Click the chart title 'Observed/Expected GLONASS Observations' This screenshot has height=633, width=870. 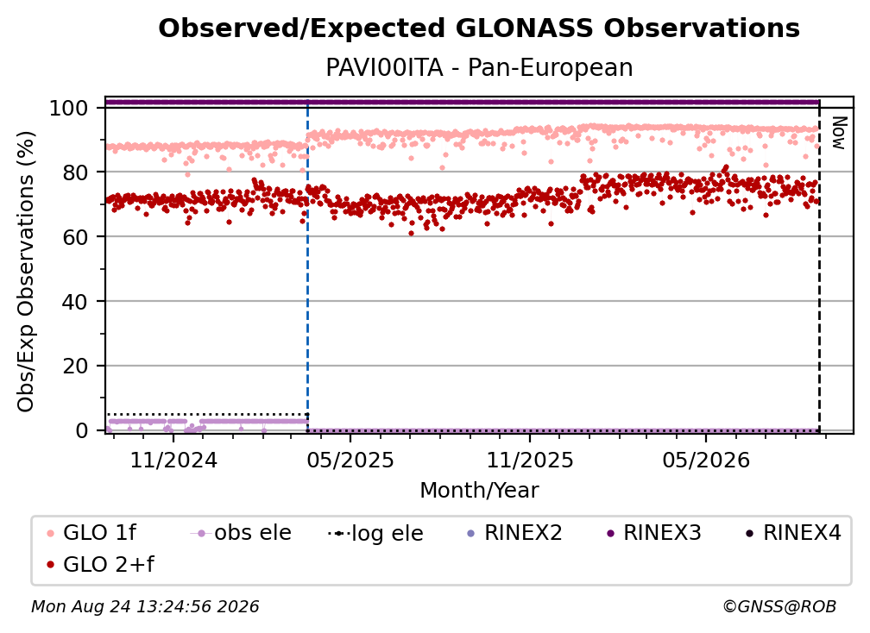[479, 28]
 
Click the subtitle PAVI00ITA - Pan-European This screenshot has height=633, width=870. [479, 68]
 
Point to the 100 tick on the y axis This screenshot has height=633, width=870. [69, 108]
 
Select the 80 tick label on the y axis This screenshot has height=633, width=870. [75, 172]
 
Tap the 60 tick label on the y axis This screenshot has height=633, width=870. [75, 237]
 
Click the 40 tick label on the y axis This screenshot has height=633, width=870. [75, 302]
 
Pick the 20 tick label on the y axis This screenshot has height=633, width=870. [75, 367]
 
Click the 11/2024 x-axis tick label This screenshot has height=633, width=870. [173, 460]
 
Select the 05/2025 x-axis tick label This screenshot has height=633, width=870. [350, 460]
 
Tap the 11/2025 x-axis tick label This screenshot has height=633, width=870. [530, 460]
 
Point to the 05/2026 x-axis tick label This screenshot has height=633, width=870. [706, 460]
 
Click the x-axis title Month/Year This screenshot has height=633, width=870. [479, 491]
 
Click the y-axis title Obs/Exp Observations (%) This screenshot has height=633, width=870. [26, 271]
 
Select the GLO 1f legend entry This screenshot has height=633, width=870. [92, 533]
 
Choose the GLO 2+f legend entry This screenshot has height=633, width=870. [100, 565]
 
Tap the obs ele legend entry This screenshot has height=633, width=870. [241, 533]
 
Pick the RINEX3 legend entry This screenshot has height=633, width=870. [653, 533]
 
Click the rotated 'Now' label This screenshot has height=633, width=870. [838, 133]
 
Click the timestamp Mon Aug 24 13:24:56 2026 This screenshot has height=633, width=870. [145, 606]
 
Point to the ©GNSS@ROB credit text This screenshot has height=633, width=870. [779, 606]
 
